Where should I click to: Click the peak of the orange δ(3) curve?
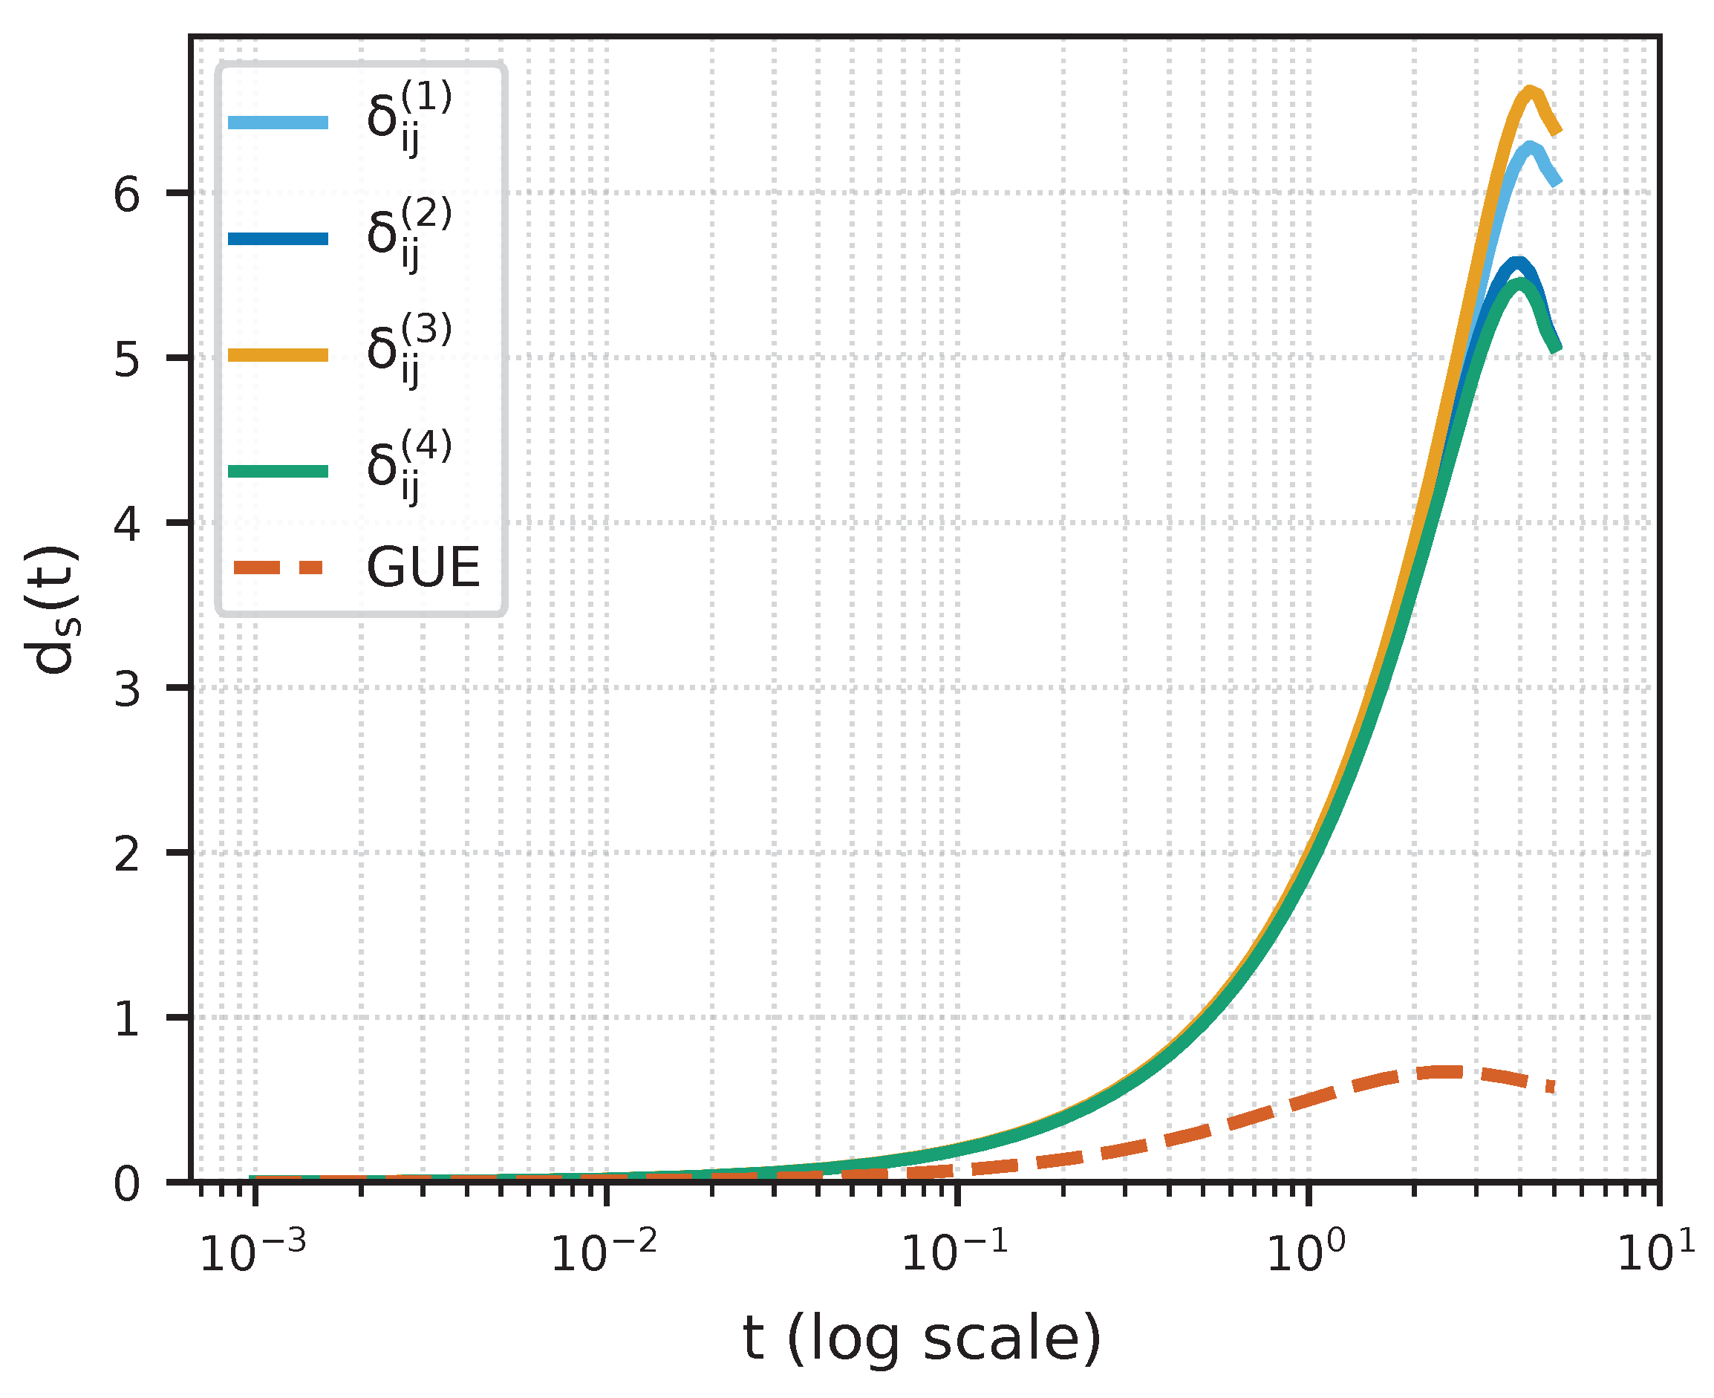pyautogui.click(x=1530, y=92)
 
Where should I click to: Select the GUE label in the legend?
pyautogui.click(x=423, y=568)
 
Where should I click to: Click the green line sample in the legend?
pyautogui.click(x=278, y=471)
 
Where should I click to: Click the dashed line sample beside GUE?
pyautogui.click(x=278, y=568)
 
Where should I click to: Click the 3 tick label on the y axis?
pyautogui.click(x=127, y=689)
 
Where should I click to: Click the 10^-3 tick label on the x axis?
pyautogui.click(x=252, y=1253)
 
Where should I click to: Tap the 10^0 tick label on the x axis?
pyautogui.click(x=1306, y=1253)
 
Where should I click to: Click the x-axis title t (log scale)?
pyautogui.click(x=922, y=1338)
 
